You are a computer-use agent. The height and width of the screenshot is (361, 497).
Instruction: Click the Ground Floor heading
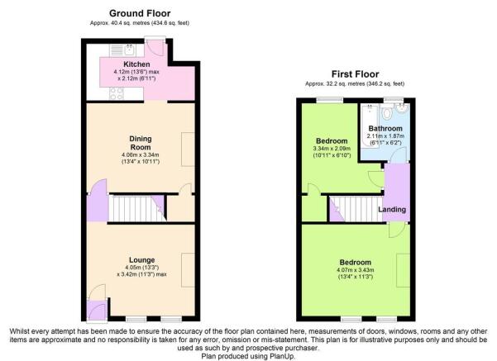pyautogui.click(x=140, y=13)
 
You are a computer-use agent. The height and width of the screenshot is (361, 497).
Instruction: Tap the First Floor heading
pyautogui.click(x=355, y=74)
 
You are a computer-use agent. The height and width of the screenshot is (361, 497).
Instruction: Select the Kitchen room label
pyautogui.click(x=136, y=64)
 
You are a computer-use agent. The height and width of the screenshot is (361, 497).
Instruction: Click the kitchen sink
pyautogui.click(x=122, y=50)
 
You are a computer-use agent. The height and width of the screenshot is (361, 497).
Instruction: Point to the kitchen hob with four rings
pyautogui.click(x=117, y=93)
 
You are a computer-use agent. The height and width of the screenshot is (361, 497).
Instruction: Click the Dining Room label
pyautogui.click(x=141, y=143)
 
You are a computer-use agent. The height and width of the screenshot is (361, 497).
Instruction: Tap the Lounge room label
pyautogui.click(x=141, y=260)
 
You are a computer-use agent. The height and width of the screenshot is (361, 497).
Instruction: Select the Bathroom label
pyautogui.click(x=385, y=129)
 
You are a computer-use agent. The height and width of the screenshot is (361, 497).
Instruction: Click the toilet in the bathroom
pyautogui.click(x=387, y=112)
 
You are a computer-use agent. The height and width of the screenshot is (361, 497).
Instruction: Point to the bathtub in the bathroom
pyautogui.click(x=370, y=121)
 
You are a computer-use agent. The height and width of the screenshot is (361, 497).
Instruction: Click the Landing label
pyautogui.click(x=392, y=209)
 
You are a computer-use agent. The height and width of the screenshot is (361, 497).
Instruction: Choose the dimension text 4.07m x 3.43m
pyautogui.click(x=356, y=270)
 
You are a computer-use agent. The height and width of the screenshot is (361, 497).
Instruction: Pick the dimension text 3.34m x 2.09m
pyautogui.click(x=332, y=149)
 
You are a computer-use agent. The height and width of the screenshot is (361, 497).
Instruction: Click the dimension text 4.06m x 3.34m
pyautogui.click(x=141, y=154)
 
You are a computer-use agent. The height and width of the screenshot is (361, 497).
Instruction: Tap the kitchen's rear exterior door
pyautogui.click(x=155, y=47)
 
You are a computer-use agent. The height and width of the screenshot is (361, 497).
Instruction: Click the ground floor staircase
pyautogui.click(x=137, y=208)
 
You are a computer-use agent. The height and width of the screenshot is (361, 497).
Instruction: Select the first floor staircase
pyautogui.click(x=356, y=209)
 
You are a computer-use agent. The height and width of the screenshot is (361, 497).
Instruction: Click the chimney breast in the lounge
pyautogui.click(x=188, y=270)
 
